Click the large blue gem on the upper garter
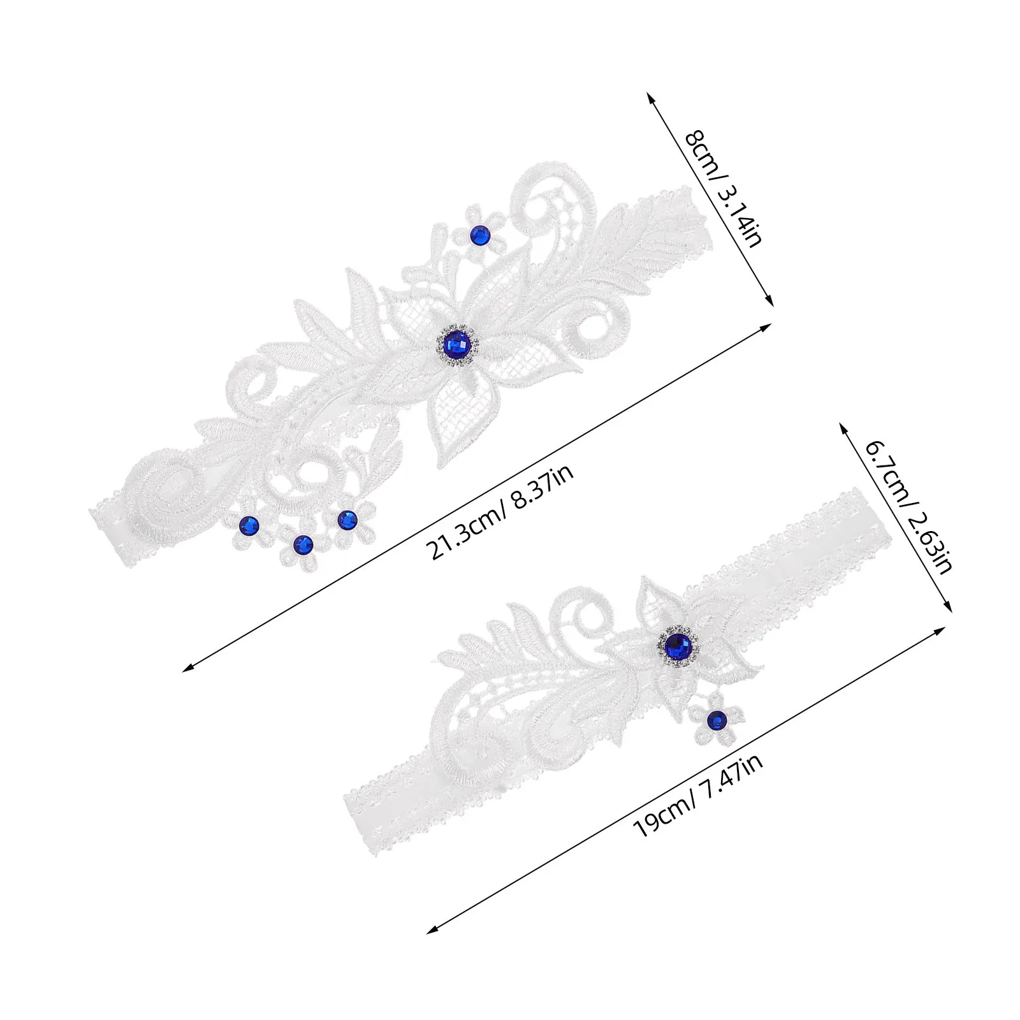pos(456,344)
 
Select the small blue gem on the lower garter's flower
pos(717,720)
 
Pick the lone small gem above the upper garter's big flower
pos(479,236)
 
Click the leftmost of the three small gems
pos(248,525)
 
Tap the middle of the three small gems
pos(303,544)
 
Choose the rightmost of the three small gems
pos(346,520)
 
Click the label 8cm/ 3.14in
pos(722,189)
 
